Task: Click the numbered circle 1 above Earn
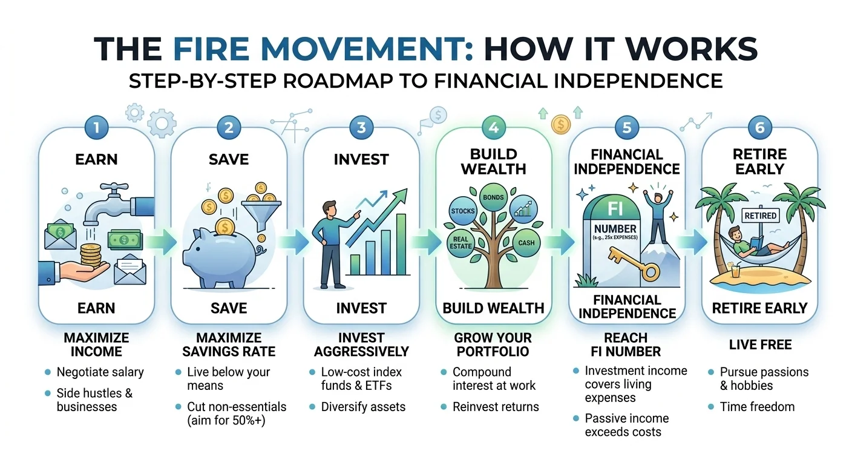pos(97,128)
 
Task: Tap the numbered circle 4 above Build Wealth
pos(494,128)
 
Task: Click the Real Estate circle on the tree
pos(461,243)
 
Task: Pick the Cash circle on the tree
pos(525,242)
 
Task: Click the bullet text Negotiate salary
pos(100,372)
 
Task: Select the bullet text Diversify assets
pos(363,407)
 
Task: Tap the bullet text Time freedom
pos(757,407)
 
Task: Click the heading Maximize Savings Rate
pos(228,344)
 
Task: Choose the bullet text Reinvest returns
pos(496,407)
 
